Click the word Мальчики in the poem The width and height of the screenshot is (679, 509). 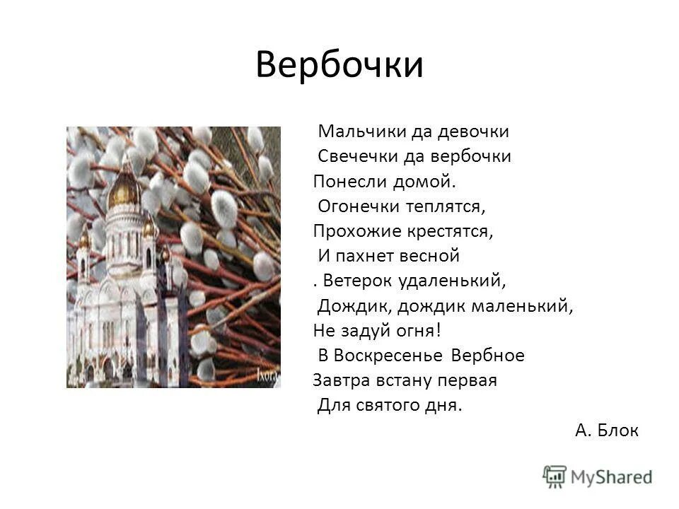coord(352,131)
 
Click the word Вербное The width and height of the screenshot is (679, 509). coord(488,356)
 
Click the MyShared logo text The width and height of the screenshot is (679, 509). coord(612,476)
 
